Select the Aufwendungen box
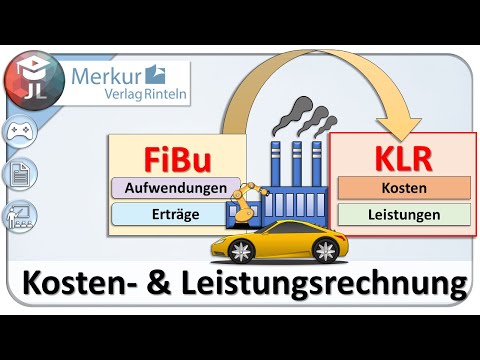click(x=176, y=187)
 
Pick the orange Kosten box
click(x=404, y=187)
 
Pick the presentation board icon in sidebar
click(x=19, y=215)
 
